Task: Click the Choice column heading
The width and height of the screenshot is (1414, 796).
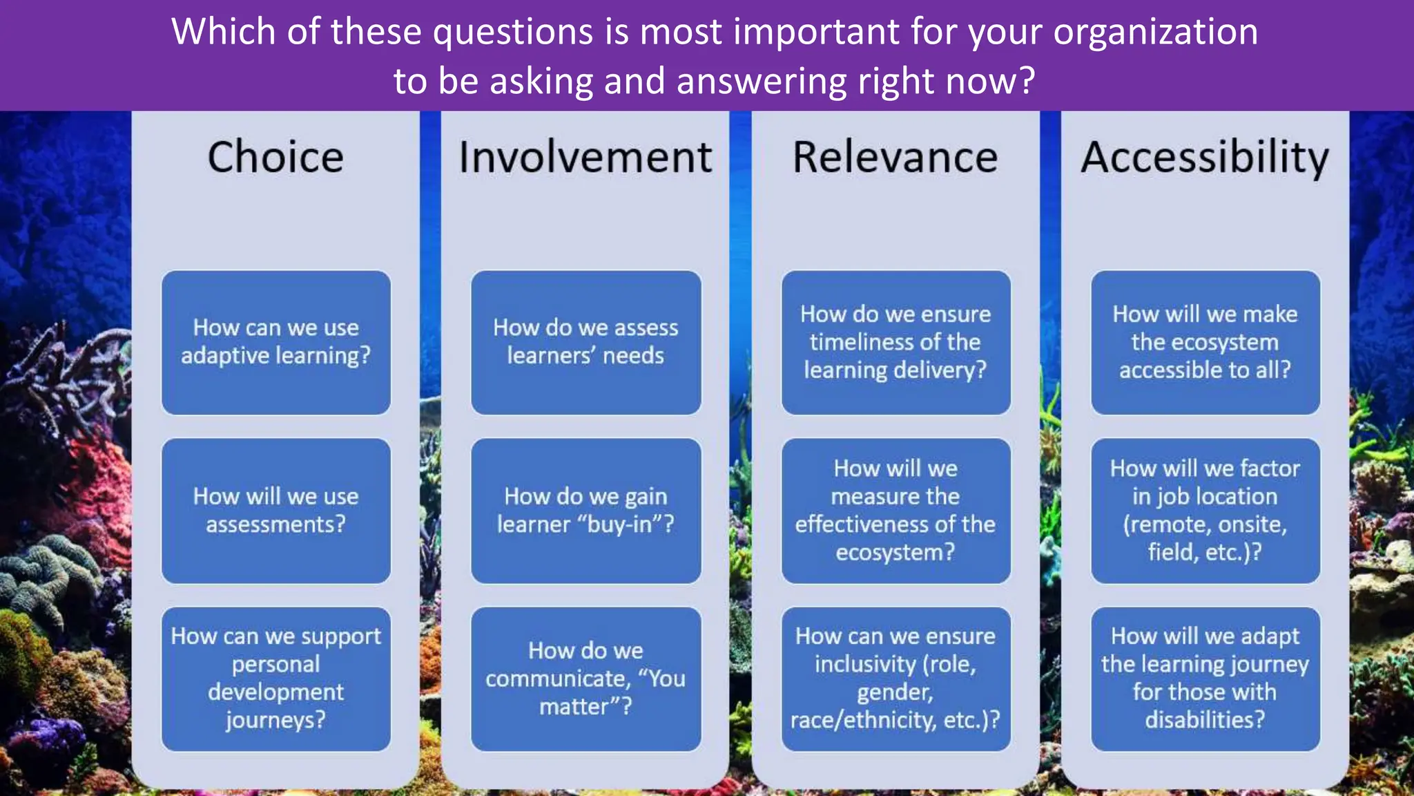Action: click(x=275, y=157)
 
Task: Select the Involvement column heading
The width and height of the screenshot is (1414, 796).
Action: click(x=585, y=157)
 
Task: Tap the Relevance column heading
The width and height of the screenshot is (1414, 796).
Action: click(x=895, y=157)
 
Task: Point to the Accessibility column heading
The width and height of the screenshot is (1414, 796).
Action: click(x=1205, y=158)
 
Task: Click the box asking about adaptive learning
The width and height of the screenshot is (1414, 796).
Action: click(x=276, y=342)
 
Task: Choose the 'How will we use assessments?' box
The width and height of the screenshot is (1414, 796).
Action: click(x=276, y=511)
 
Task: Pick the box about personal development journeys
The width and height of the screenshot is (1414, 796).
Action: click(x=276, y=679)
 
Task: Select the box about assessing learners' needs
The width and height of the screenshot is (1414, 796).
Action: click(x=585, y=342)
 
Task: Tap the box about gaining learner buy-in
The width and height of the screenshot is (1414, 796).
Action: click(x=585, y=511)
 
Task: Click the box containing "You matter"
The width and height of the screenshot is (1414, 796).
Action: click(x=585, y=679)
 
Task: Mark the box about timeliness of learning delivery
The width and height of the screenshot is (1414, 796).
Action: click(x=895, y=342)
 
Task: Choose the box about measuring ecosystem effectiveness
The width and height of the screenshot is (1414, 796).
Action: click(x=895, y=511)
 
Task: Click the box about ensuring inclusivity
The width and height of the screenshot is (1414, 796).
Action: click(x=895, y=679)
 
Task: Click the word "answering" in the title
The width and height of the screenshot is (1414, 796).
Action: click(x=762, y=82)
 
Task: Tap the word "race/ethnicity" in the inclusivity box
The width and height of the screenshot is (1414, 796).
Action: click(x=863, y=720)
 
